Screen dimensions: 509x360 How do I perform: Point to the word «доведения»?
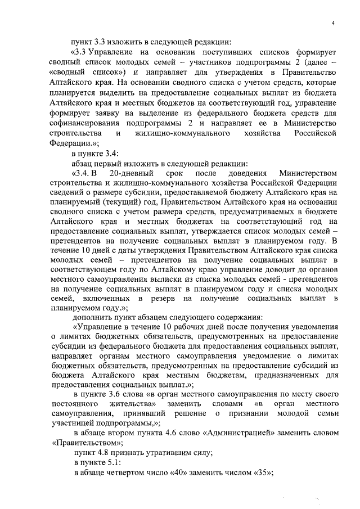(244, 173)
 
